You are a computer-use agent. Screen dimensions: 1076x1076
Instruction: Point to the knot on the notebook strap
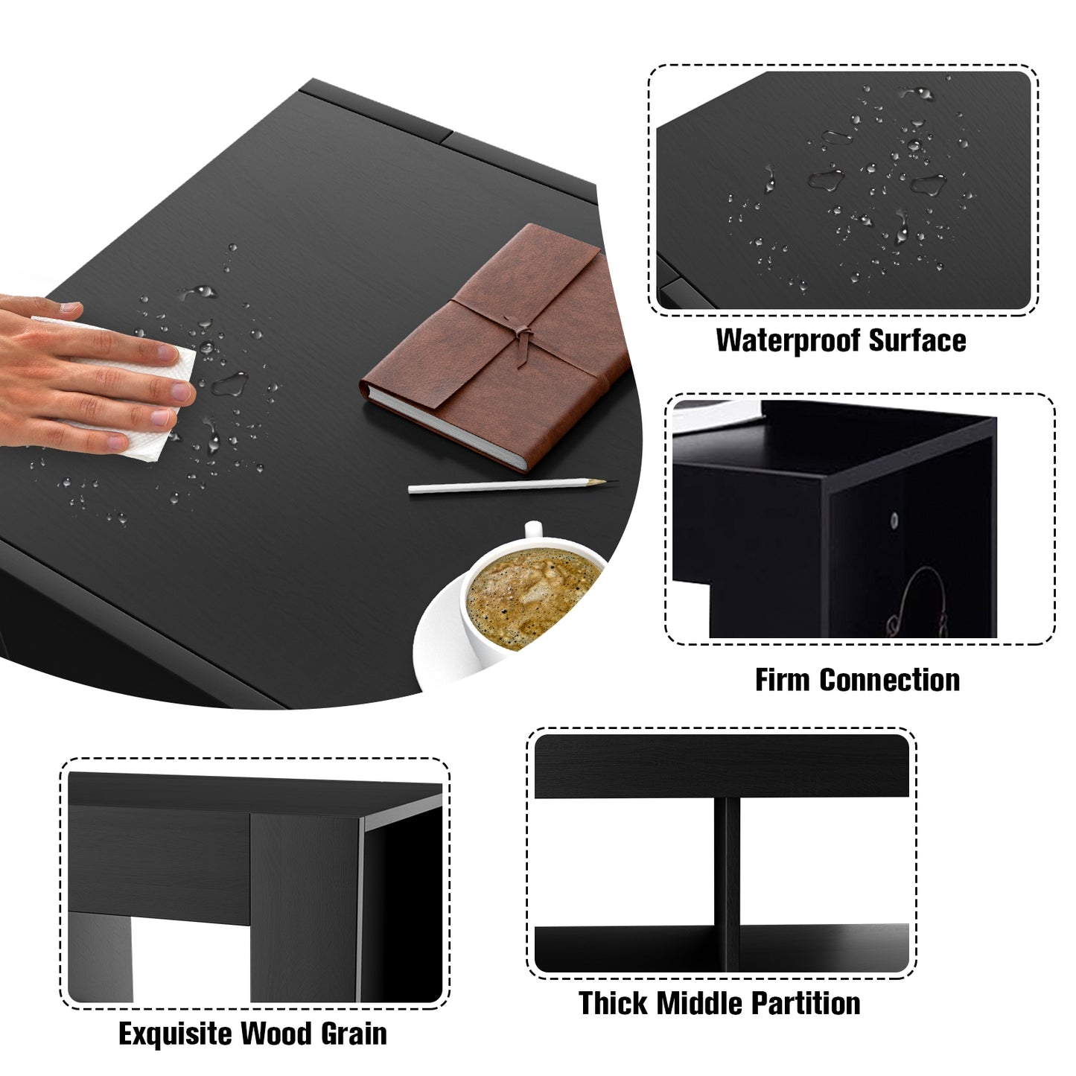click(x=523, y=335)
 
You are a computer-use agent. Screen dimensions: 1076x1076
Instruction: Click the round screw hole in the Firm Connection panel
click(x=895, y=521)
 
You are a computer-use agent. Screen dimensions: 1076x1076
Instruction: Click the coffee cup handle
click(x=532, y=529)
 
